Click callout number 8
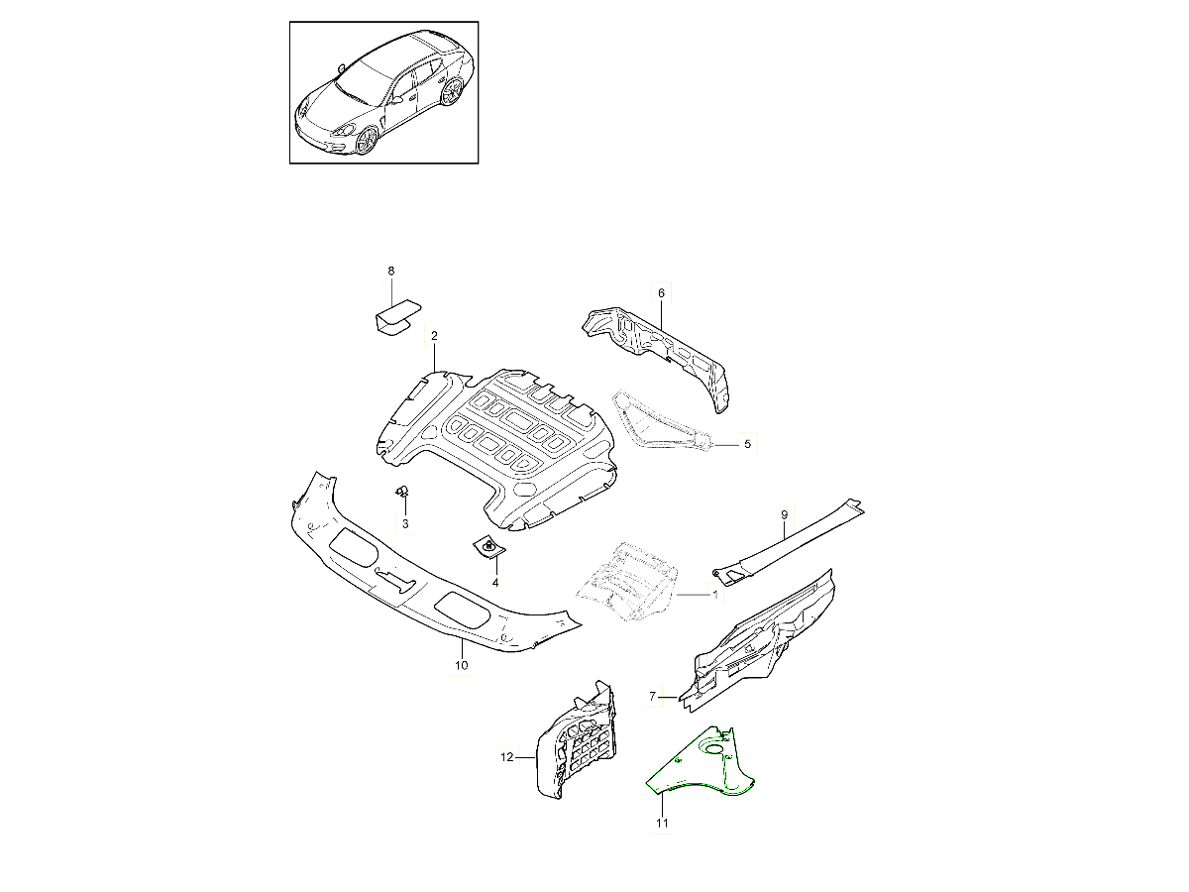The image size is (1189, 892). (x=391, y=271)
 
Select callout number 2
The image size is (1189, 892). (x=434, y=336)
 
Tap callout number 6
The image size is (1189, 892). (x=661, y=293)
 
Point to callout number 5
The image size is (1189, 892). (x=747, y=444)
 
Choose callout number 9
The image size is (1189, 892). (x=785, y=514)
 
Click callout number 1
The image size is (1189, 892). (x=715, y=595)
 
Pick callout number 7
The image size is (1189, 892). (x=653, y=696)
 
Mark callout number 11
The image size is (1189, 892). (x=662, y=824)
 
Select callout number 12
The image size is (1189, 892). (x=506, y=757)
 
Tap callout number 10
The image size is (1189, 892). (x=461, y=665)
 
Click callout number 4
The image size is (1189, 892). (x=495, y=583)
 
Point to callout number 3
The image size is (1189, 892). (x=405, y=523)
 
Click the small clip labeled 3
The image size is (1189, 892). (x=401, y=492)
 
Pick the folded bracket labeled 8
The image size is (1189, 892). (x=398, y=319)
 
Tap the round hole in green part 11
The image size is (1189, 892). (x=712, y=749)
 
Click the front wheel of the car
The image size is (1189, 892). (x=368, y=140)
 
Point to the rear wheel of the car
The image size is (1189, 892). (x=452, y=91)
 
